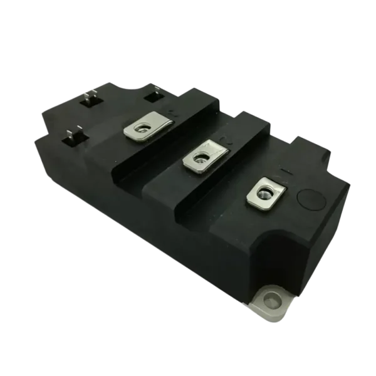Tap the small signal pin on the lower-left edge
coord(73,135)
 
